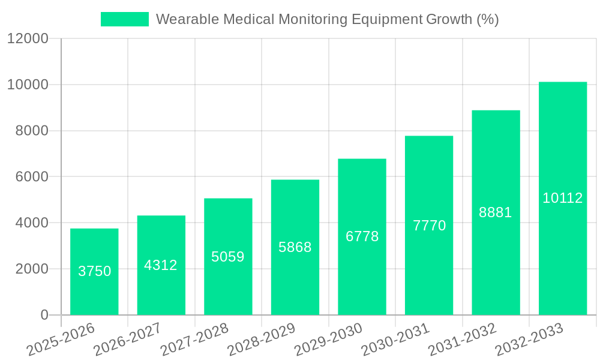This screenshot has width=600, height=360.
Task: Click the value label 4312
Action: pyautogui.click(x=161, y=265)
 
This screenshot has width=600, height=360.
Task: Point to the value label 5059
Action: pyautogui.click(x=228, y=257)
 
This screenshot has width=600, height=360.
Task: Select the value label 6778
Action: pyautogui.click(x=362, y=236)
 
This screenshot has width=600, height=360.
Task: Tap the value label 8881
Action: pyautogui.click(x=496, y=212)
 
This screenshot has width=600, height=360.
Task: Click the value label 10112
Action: pyautogui.click(x=563, y=198)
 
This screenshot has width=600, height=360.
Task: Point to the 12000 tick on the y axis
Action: pyautogui.click(x=28, y=39)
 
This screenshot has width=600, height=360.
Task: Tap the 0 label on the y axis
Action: pyautogui.click(x=44, y=315)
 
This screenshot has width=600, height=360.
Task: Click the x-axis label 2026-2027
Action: pyautogui.click(x=127, y=339)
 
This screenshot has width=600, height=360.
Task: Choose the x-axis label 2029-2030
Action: pyautogui.click(x=329, y=339)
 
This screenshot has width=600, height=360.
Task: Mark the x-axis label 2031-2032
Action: pyautogui.click(x=463, y=339)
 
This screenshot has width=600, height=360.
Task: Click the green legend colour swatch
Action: pyautogui.click(x=124, y=19)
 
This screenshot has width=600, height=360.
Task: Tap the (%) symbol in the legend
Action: pyautogui.click(x=488, y=19)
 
